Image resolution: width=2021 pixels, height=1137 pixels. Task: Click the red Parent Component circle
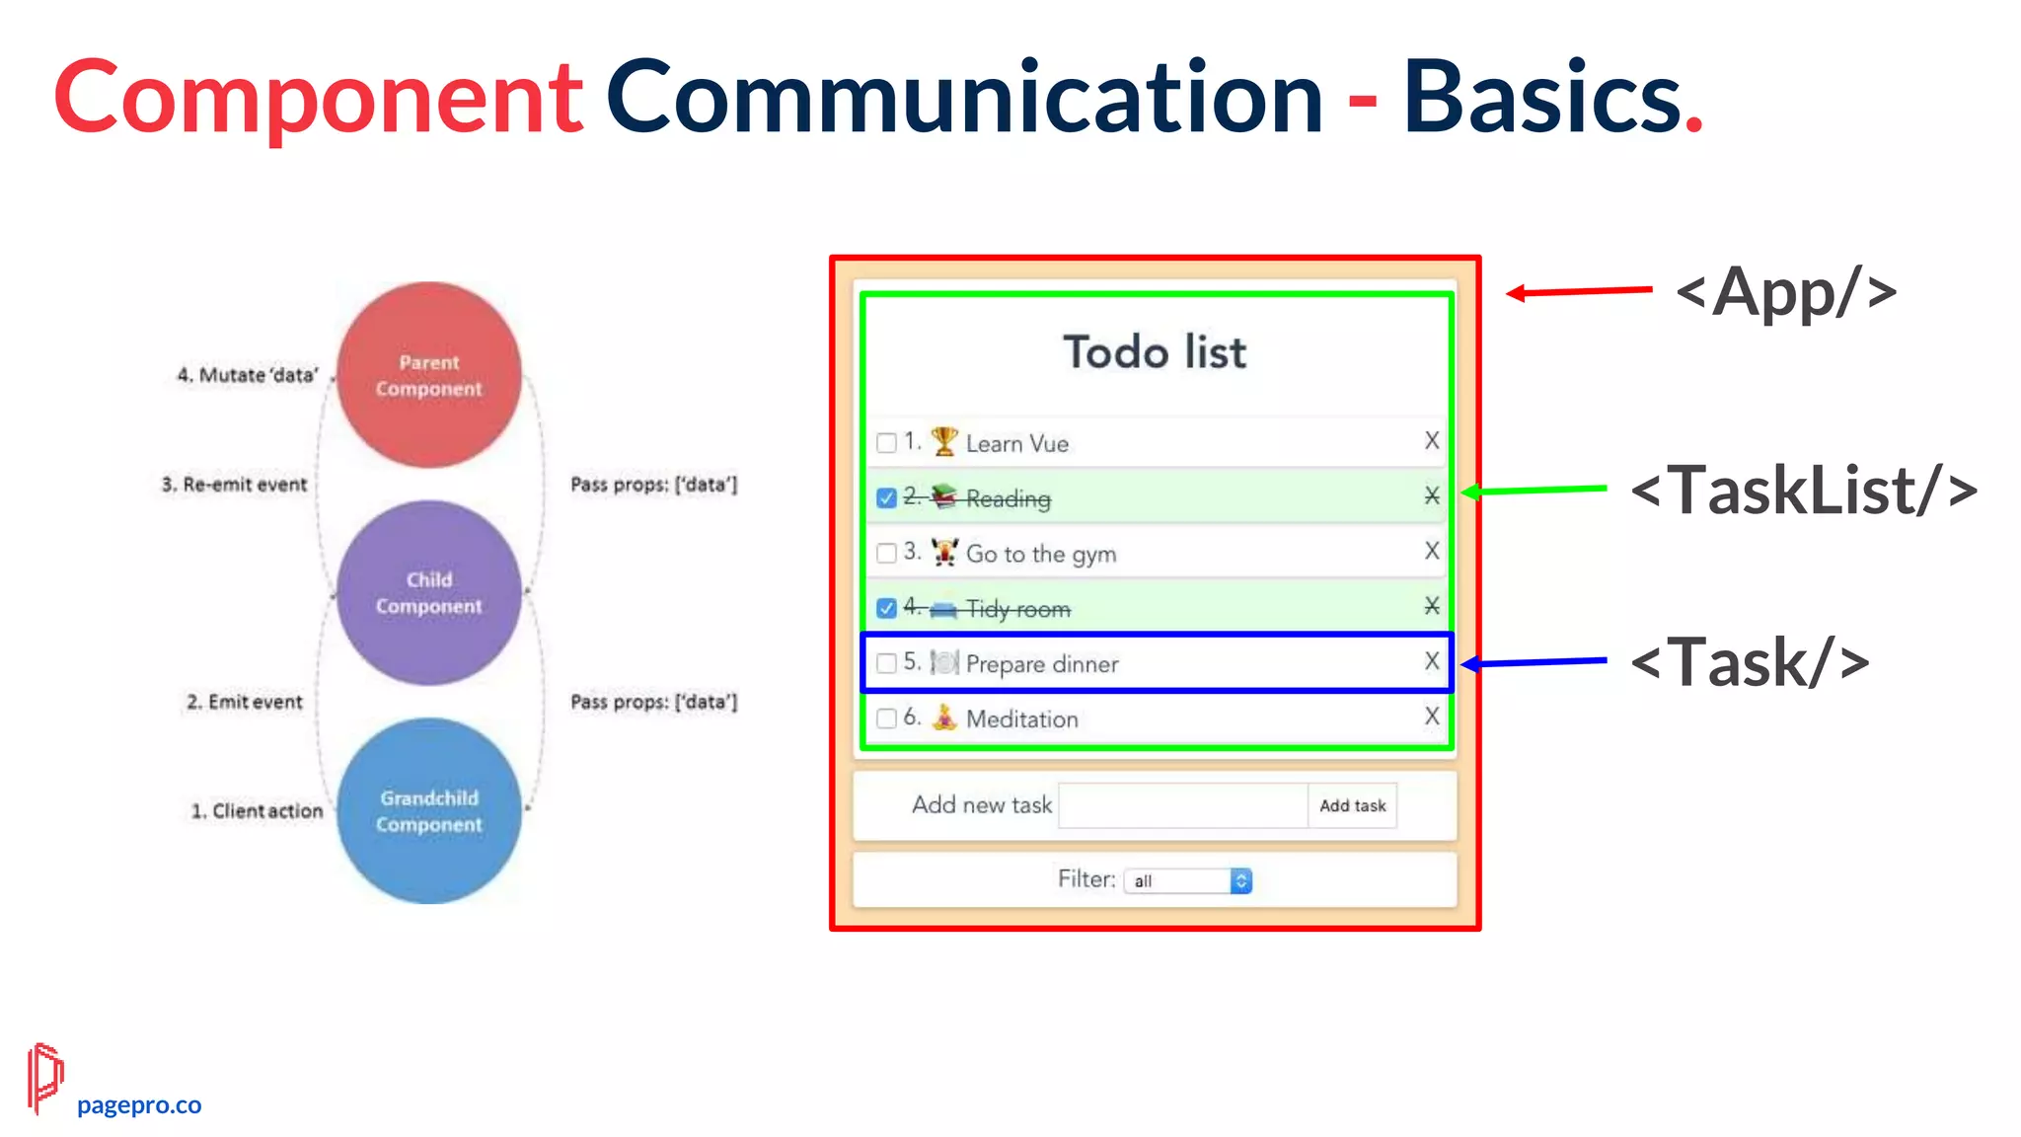429,375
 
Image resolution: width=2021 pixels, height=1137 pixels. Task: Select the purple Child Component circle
429,592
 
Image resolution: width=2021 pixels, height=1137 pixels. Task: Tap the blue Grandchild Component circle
429,810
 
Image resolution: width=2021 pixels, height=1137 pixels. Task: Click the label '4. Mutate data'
248,375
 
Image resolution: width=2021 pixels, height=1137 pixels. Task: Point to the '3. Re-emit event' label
235,485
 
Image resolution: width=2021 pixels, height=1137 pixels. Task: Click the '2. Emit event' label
245,702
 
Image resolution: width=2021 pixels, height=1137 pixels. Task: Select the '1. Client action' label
257,811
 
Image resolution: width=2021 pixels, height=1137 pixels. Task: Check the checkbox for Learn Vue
886,442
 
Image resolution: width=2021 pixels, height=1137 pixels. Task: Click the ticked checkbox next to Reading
886,497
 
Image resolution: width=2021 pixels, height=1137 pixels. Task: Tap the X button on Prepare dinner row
1432,661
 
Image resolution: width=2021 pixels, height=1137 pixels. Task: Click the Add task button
1352,805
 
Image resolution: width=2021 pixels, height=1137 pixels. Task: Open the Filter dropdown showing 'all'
1188,880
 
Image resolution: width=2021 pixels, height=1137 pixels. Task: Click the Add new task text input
1182,805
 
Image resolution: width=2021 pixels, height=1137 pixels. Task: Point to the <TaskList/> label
1804,491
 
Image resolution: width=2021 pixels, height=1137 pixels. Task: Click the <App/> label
1786,292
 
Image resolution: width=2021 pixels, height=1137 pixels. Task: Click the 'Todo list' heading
1155,352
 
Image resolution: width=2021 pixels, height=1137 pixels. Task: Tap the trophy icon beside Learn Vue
944,441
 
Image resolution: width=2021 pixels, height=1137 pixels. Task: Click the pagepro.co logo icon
44,1078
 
